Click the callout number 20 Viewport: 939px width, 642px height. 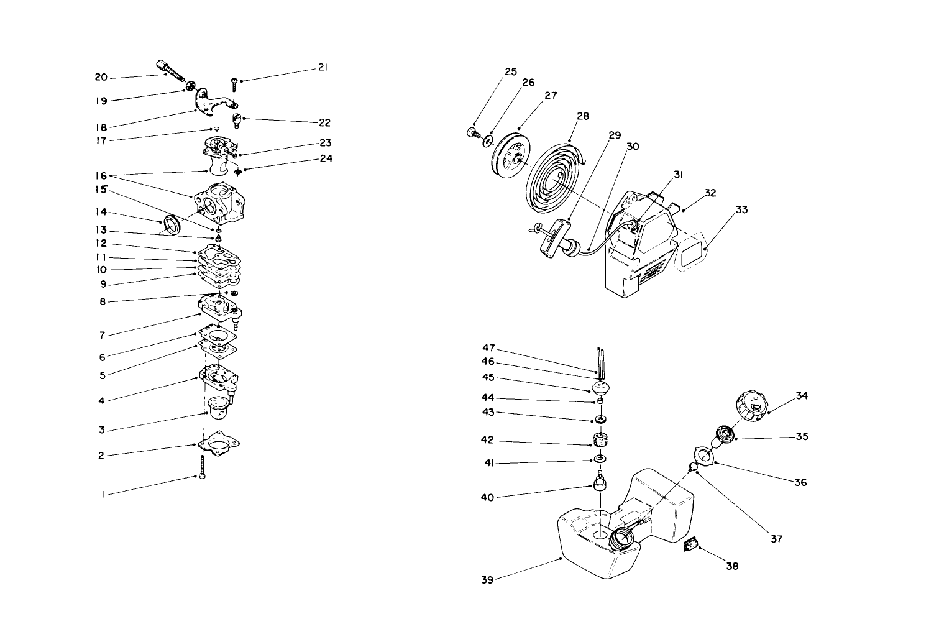(101, 77)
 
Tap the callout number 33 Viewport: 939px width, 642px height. (741, 210)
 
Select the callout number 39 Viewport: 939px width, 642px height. (488, 580)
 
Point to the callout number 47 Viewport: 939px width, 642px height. (488, 348)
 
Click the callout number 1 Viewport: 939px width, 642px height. (103, 495)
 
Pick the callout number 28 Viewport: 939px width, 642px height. (582, 116)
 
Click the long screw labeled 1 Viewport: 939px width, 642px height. (203, 466)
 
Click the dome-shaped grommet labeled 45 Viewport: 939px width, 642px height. (600, 388)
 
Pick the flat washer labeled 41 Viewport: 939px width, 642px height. (600, 459)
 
